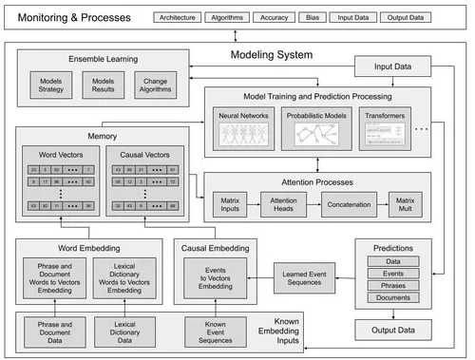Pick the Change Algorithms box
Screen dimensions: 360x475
click(154, 85)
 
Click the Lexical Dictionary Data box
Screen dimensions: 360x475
click(131, 333)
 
